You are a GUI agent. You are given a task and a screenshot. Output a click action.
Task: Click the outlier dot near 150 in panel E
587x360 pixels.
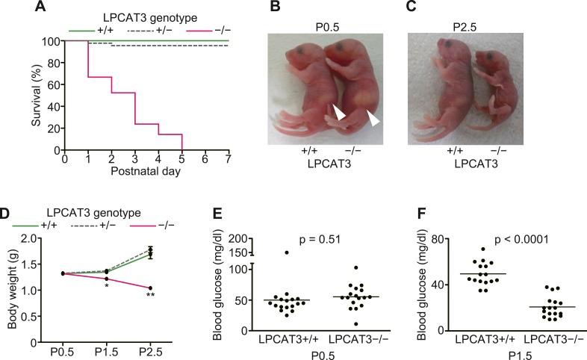tap(285, 252)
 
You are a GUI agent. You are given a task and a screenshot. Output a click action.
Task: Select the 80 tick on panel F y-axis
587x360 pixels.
tap(445, 239)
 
